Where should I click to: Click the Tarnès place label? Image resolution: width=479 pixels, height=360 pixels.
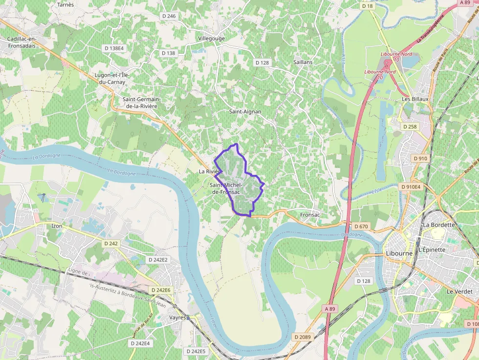65,4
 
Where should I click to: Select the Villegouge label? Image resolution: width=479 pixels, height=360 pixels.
212,38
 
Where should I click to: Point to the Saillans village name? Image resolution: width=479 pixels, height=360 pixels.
303,63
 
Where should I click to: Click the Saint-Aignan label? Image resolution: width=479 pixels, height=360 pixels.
245,111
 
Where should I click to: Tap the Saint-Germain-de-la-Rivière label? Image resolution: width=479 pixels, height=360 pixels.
142,103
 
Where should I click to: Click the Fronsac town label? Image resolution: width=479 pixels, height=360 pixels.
310,214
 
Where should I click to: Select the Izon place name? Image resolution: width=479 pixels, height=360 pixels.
57,226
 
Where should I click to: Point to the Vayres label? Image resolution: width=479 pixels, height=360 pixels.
178,317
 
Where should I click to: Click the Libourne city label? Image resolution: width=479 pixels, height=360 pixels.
399,254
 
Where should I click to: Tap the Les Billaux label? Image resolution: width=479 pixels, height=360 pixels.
415,99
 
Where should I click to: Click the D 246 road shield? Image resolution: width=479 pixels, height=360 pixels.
168,16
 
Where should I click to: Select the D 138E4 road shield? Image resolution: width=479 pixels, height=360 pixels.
114,48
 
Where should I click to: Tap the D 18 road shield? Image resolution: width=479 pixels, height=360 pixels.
367,6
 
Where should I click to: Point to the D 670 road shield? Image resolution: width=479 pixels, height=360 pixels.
360,226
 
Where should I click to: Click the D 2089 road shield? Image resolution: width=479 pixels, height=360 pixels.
303,337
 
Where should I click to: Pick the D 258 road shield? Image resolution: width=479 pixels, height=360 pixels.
410,127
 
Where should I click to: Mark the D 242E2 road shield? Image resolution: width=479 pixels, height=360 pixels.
157,260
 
